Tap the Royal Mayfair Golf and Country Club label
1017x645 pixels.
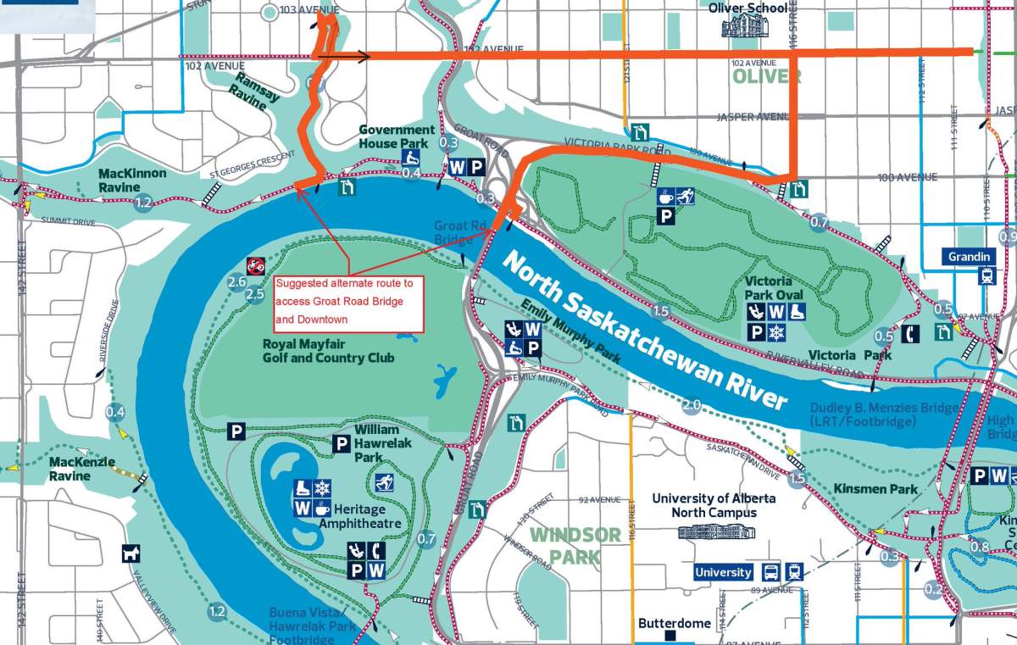coord(329,351)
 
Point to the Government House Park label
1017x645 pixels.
coord(397,136)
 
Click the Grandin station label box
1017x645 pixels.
coord(970,257)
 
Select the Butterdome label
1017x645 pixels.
coord(675,623)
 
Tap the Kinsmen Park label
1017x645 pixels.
coord(864,489)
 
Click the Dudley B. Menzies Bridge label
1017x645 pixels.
coord(884,414)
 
